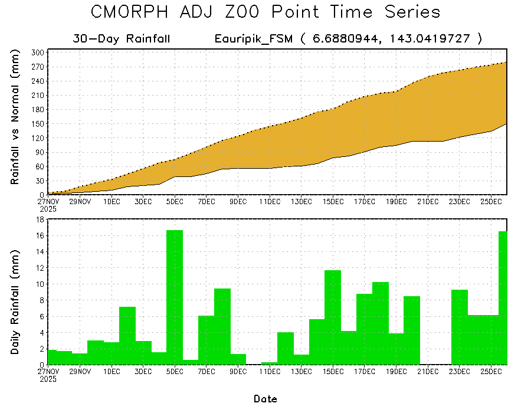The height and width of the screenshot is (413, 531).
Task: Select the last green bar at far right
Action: coord(503,297)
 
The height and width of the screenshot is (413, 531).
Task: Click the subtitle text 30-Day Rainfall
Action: coord(122,39)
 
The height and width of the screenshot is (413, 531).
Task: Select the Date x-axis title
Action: coord(265,399)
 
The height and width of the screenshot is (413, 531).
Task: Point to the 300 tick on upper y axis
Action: coord(37,53)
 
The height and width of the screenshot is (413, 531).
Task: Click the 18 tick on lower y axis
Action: coord(40,219)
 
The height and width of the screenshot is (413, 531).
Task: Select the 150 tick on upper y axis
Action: coord(37,123)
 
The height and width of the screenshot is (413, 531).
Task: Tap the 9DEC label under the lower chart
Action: coord(238,372)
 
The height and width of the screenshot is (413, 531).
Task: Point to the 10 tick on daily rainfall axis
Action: coord(40,284)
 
